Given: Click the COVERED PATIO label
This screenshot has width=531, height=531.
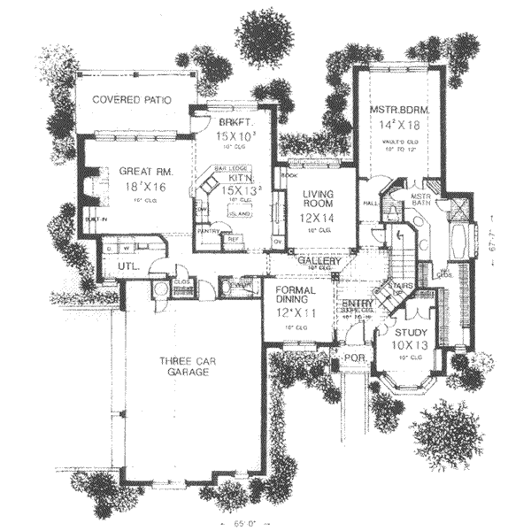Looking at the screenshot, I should tap(132, 99).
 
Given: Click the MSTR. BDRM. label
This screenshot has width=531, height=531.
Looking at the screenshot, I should tap(399, 110).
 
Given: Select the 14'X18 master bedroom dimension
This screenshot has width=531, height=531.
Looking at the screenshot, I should tap(400, 126).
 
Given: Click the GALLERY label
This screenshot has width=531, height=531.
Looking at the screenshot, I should tap(314, 261).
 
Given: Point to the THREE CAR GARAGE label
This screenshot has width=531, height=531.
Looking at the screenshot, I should tap(184, 367).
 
